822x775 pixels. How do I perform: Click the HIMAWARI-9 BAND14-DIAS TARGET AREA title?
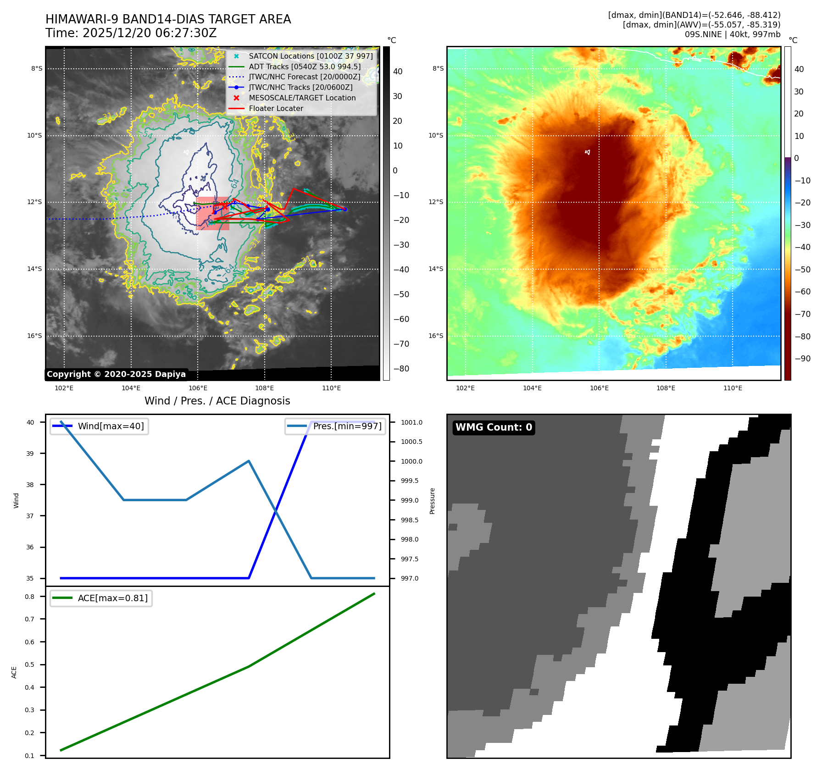(x=168, y=19)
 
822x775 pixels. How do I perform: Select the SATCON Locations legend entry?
(x=311, y=56)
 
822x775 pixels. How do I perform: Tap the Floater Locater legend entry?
(x=276, y=109)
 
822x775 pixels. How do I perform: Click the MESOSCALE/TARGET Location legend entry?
(x=302, y=98)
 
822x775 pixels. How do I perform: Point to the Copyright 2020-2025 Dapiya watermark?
(x=116, y=374)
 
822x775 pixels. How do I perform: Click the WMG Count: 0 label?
(x=494, y=427)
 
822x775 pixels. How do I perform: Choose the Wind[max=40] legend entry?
(x=111, y=426)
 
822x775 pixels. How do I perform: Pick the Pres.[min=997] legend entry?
(x=347, y=426)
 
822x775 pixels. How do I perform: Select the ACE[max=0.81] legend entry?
(x=112, y=598)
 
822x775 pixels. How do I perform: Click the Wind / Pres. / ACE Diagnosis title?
(x=217, y=401)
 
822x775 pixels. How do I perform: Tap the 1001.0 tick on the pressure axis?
(x=411, y=422)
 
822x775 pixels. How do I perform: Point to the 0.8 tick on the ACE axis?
(x=30, y=597)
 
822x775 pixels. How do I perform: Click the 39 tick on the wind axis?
(x=30, y=454)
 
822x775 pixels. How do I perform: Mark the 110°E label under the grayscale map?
(x=331, y=388)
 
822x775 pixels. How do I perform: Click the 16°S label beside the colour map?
(x=436, y=336)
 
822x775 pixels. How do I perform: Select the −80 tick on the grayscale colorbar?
(x=401, y=369)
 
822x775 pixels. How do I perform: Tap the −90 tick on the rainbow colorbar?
(x=802, y=359)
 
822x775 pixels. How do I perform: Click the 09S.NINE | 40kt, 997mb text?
(x=732, y=34)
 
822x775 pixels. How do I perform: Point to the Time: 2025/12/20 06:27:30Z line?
(x=131, y=33)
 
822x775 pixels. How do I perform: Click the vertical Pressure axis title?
(x=432, y=501)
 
